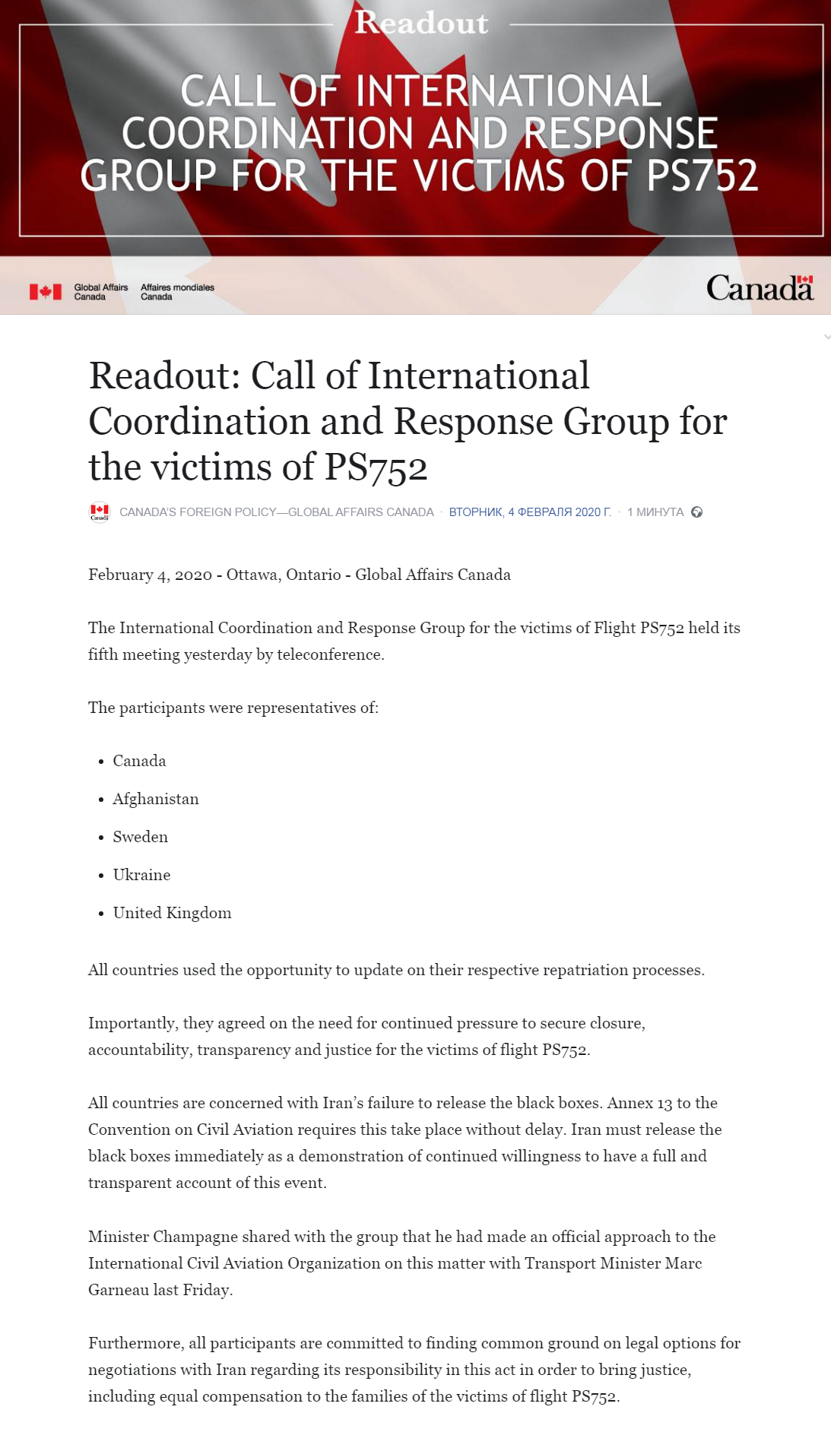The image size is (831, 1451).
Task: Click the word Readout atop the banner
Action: [x=421, y=23]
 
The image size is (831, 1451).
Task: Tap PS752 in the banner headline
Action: [x=703, y=176]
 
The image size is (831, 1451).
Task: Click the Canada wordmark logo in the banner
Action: [x=760, y=288]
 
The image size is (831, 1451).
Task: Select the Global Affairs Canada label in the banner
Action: [x=100, y=292]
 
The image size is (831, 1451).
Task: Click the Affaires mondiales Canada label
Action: [x=177, y=292]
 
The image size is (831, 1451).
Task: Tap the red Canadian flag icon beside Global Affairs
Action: [x=46, y=292]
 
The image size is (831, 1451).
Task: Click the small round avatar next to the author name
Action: [x=100, y=512]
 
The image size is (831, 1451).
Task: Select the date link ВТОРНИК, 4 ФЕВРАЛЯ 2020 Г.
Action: [x=530, y=512]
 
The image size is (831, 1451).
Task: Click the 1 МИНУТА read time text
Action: [x=655, y=512]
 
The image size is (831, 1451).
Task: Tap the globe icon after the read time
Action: [x=696, y=512]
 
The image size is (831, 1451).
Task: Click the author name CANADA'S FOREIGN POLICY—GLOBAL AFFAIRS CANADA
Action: [x=276, y=512]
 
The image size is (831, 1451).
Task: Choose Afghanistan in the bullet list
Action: [x=156, y=799]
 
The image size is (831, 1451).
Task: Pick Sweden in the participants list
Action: [x=141, y=837]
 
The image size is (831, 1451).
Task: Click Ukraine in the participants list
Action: [x=141, y=875]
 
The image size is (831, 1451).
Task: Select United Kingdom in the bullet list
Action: [x=172, y=913]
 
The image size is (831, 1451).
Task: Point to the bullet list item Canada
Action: [x=139, y=761]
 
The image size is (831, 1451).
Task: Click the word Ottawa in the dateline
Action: [x=252, y=575]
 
